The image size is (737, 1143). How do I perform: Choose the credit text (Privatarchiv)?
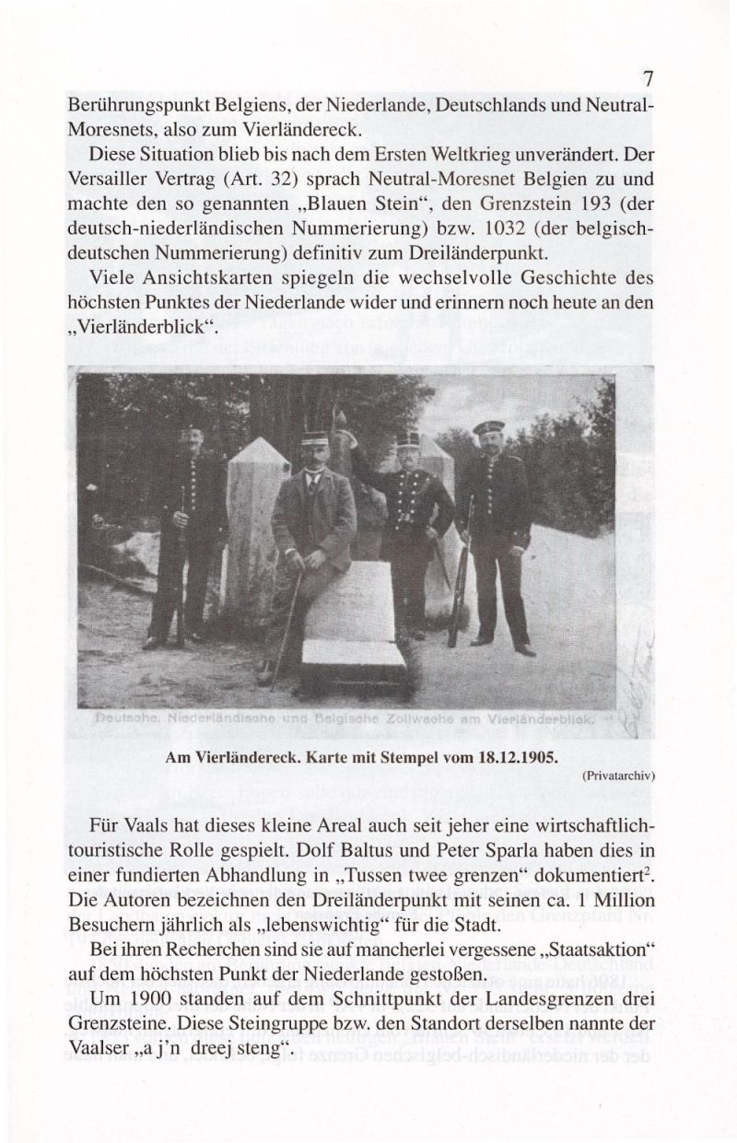pos(618,776)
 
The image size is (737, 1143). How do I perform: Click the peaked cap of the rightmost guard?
pos(488,426)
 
